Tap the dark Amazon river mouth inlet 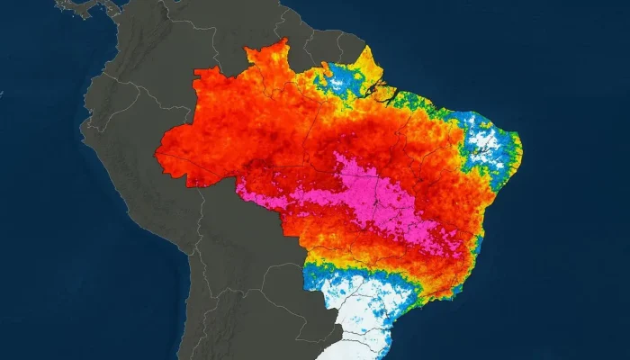point(382,90)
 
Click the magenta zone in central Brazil point(360,198)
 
